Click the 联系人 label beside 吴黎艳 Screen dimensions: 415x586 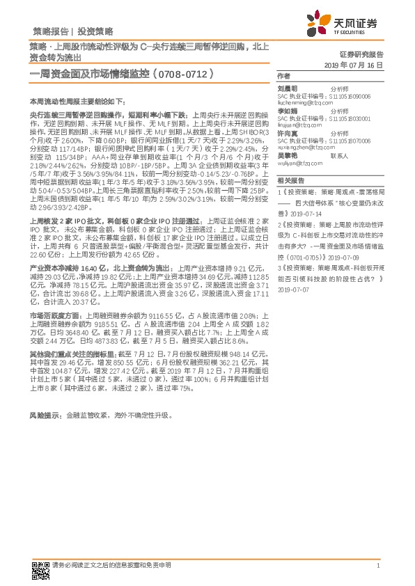click(x=339, y=156)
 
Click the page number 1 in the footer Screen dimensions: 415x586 click(x=377, y=567)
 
